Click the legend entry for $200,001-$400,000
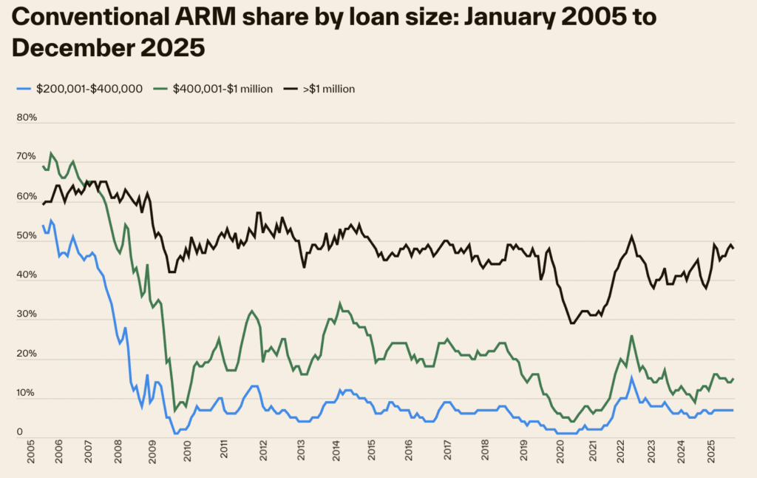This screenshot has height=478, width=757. click(85, 89)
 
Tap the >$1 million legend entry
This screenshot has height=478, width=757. click(328, 89)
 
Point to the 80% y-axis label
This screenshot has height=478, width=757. click(27, 118)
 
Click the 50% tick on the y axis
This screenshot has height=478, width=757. click(27, 236)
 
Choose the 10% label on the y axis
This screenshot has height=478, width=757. click(27, 393)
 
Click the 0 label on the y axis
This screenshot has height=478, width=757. click(20, 432)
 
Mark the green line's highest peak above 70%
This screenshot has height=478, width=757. click(50, 153)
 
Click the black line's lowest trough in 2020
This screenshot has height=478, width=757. click(572, 323)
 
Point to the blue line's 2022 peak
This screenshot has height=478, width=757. click(631, 378)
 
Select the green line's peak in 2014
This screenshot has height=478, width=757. click(340, 303)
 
